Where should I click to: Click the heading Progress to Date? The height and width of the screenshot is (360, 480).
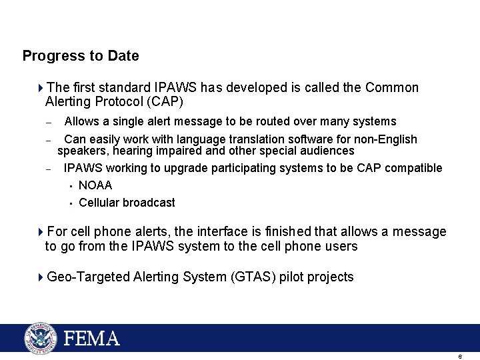point(81,56)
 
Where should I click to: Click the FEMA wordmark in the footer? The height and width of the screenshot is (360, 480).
point(92,339)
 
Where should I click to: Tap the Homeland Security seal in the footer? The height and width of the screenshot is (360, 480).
point(41,338)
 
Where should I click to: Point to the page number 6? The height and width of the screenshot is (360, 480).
point(460,357)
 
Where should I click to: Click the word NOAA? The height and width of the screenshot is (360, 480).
point(95,185)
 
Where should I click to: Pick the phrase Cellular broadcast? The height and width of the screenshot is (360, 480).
point(127,203)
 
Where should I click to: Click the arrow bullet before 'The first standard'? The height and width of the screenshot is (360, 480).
point(41,88)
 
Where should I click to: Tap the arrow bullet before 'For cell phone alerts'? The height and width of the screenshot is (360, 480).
point(41,232)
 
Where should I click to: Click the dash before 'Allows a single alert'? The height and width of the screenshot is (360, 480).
point(48,123)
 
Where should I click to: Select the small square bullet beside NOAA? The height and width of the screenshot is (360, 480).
point(70,186)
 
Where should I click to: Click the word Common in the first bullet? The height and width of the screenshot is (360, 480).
point(392,88)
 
